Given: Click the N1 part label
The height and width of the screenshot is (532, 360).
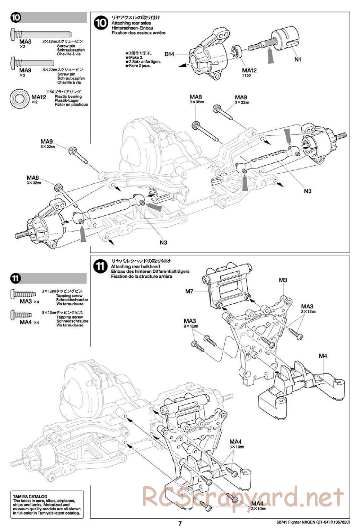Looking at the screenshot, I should tap(297, 59).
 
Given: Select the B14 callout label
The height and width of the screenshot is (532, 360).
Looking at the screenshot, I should tap(170, 54).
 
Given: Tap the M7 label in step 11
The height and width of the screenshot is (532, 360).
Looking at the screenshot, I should tap(189, 291).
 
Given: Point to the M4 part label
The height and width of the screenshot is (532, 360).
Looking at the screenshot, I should tap(323, 356).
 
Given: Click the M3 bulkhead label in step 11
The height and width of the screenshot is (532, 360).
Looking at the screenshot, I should tap(283, 280).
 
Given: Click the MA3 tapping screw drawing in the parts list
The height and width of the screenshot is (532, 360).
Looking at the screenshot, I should tap(23, 294).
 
